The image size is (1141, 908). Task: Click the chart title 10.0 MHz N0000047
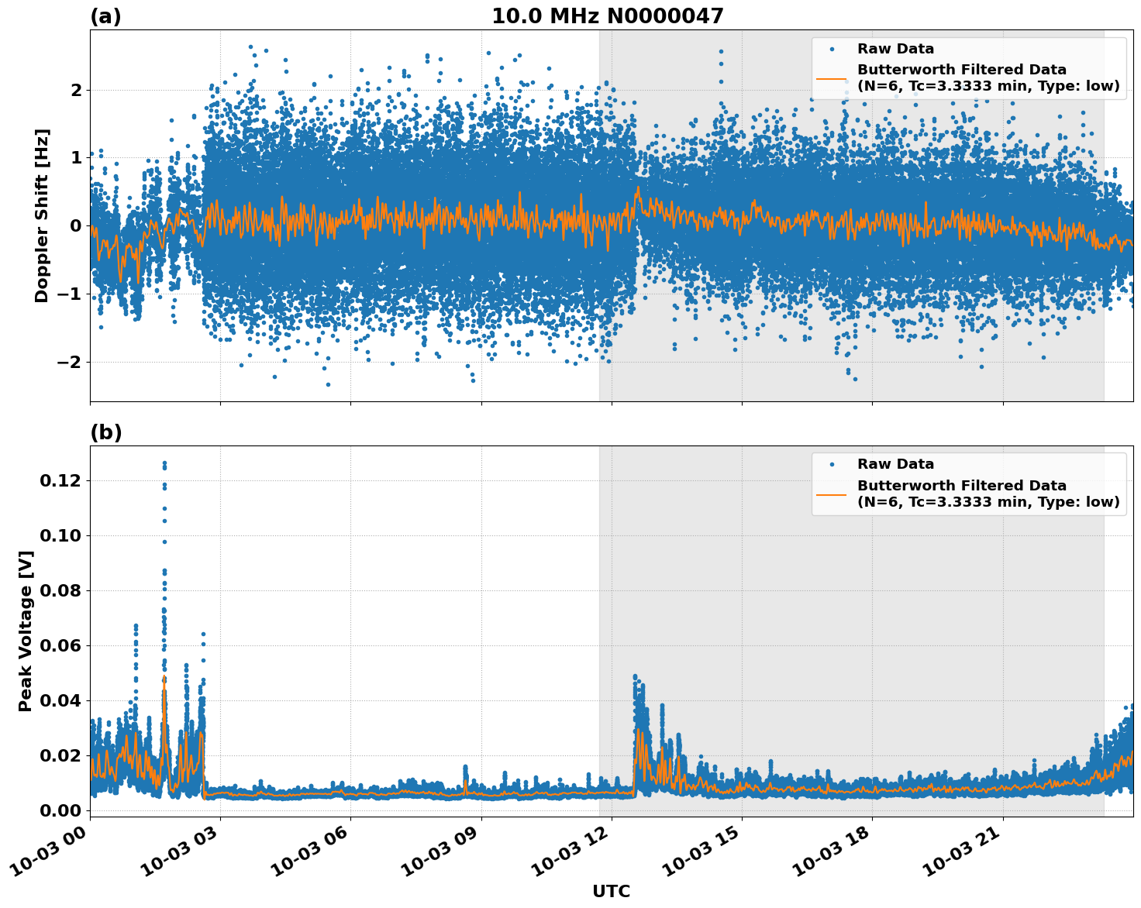[607, 16]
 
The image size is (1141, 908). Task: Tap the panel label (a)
[105, 16]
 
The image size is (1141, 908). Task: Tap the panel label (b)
[105, 432]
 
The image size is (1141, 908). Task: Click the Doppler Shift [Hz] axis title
[42, 215]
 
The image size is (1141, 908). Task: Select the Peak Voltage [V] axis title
[26, 631]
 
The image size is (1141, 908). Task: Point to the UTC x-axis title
[611, 891]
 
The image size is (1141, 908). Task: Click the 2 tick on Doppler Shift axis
[76, 90]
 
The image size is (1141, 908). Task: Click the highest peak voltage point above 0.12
[164, 463]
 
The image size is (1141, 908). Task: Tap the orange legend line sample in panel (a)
[831, 77]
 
